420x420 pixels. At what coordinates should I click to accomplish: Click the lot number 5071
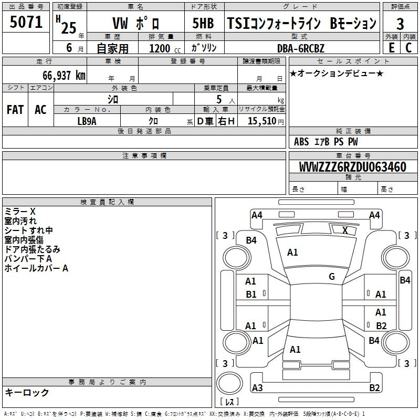[x=26, y=22]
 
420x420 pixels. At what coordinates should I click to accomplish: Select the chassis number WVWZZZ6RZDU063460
[x=352, y=167]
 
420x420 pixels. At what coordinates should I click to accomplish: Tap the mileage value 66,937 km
[x=64, y=76]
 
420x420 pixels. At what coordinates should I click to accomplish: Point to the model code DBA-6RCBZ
[x=300, y=48]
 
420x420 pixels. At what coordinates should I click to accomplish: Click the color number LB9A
[x=87, y=121]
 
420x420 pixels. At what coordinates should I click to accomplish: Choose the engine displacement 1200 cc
[x=165, y=48]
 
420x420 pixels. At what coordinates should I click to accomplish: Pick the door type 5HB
[x=203, y=23]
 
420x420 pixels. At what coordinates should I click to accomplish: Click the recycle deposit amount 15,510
[x=262, y=121]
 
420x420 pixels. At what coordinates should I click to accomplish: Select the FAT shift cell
[x=15, y=110]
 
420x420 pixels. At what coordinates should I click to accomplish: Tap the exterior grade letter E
[x=391, y=48]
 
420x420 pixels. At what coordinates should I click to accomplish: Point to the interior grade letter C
[x=409, y=48]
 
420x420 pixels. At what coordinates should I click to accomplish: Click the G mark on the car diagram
[x=332, y=277]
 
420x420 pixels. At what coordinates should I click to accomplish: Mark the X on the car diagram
[x=345, y=230]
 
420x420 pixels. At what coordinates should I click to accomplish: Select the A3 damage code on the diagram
[x=257, y=387]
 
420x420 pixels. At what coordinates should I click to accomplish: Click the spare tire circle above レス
[x=229, y=383]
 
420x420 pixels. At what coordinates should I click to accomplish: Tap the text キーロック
[x=27, y=392]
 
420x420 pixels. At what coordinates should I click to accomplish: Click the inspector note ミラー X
[x=20, y=212]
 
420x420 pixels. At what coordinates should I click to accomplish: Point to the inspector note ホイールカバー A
[x=36, y=268]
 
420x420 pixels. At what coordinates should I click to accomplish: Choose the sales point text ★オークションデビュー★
[x=337, y=73]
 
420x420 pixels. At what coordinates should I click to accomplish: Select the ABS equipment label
[x=301, y=142]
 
